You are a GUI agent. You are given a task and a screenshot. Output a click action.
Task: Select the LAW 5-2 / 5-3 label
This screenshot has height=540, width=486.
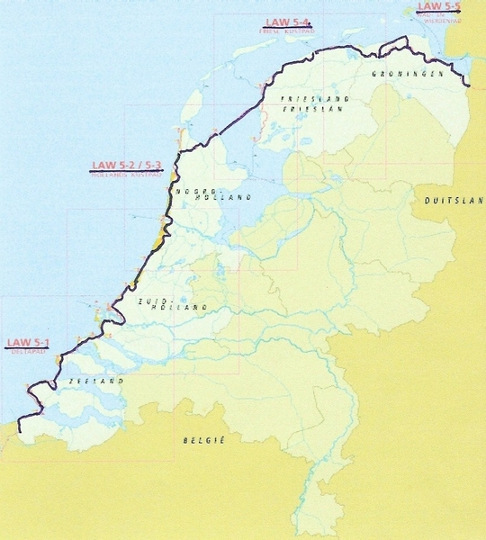pos(127,166)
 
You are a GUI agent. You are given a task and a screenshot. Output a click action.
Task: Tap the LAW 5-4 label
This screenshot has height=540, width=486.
pos(287,22)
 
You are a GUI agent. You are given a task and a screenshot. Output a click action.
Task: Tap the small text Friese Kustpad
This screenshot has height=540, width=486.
pos(287,31)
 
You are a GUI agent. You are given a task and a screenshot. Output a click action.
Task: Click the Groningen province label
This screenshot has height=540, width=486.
pos(408,75)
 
